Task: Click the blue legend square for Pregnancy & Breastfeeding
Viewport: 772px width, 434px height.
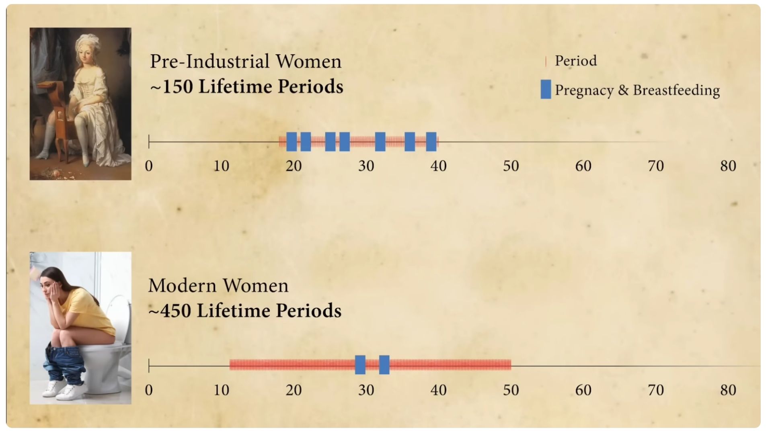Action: (x=546, y=89)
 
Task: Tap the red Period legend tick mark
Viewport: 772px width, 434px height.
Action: (x=546, y=61)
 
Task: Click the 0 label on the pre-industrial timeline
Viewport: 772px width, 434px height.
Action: (x=149, y=166)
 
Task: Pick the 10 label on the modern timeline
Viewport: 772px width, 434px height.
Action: (x=221, y=390)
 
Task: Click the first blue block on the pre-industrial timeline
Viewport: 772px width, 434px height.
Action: (x=292, y=141)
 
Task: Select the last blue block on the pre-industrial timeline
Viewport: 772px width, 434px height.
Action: (x=431, y=141)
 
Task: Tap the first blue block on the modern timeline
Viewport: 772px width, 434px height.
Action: (x=360, y=365)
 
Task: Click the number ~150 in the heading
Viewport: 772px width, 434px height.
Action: (x=172, y=87)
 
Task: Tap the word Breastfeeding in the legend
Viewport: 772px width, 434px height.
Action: (x=676, y=90)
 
